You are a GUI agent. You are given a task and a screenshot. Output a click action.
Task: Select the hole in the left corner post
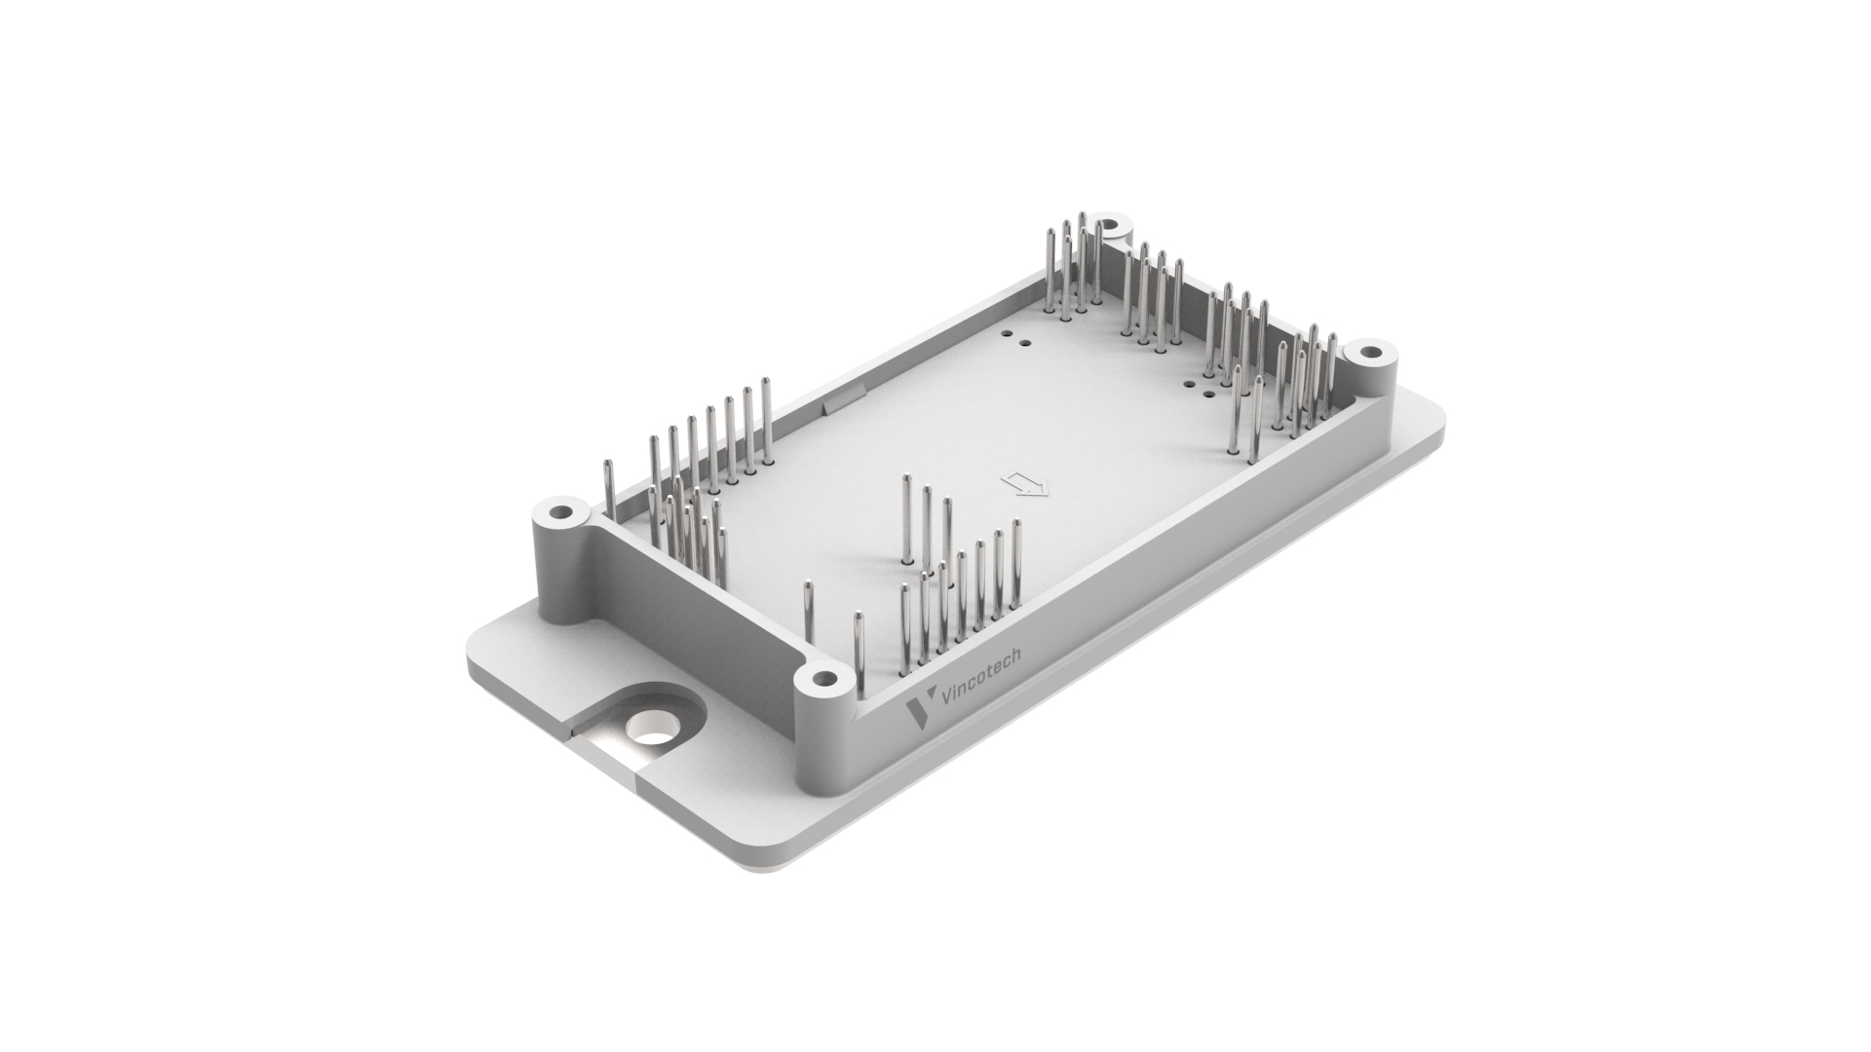(560, 511)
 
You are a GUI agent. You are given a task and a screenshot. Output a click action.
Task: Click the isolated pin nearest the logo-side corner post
(859, 657)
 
